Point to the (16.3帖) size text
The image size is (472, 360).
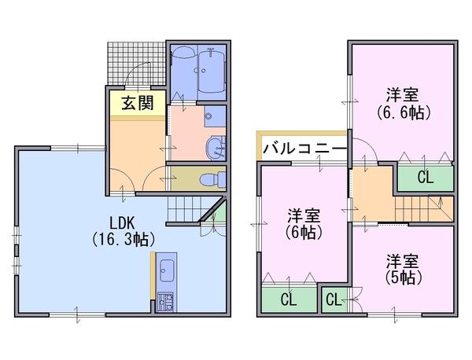(x=122, y=238)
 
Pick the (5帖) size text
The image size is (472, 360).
(x=402, y=277)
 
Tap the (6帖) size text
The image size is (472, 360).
(x=302, y=232)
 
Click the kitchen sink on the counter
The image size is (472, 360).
(x=166, y=273)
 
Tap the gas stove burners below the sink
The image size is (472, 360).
(x=166, y=300)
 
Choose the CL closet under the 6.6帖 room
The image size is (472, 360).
(x=425, y=177)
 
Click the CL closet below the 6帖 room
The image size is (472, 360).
(x=288, y=300)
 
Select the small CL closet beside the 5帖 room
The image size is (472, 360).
(x=333, y=299)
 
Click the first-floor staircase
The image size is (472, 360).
(x=186, y=211)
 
